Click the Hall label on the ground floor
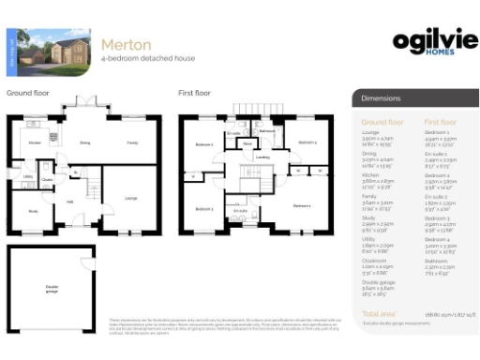click(x=69, y=202)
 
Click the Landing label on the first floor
click(x=263, y=157)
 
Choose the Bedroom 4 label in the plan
click(x=307, y=142)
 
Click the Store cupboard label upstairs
click(x=247, y=144)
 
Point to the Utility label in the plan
click(x=28, y=176)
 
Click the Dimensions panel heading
click(x=382, y=97)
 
